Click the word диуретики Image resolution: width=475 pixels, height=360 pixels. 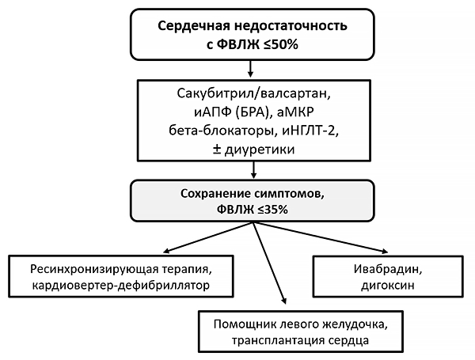point(264,148)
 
